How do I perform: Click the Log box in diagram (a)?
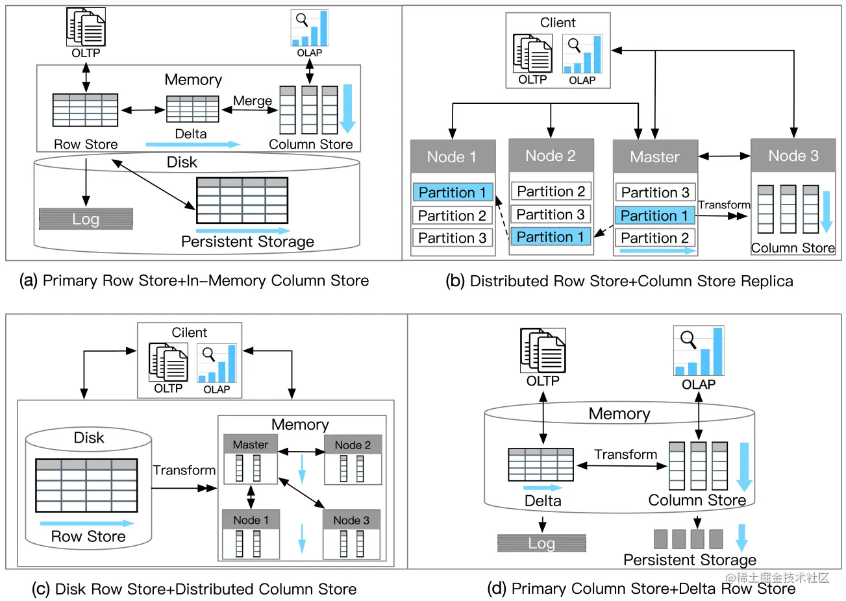86,219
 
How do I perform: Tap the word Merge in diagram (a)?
253,101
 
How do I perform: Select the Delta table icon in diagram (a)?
192,109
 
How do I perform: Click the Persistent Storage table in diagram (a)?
242,201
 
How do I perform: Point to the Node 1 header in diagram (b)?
453,156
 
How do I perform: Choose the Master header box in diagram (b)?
655,156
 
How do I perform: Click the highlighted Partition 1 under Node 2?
551,237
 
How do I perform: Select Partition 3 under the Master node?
655,192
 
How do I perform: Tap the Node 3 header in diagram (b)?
793,156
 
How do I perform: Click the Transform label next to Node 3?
724,205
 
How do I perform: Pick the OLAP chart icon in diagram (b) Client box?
582,54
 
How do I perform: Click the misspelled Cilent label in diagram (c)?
189,332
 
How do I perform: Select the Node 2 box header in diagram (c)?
353,445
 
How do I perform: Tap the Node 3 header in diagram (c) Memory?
351,520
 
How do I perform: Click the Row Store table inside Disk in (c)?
86,485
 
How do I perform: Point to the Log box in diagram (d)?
541,543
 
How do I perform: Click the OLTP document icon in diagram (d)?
543,350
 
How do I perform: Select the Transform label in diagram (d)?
625,454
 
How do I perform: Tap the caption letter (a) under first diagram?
29,280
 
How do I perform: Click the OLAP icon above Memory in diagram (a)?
310,29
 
